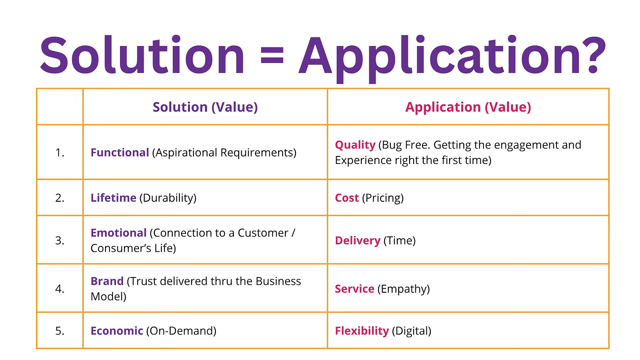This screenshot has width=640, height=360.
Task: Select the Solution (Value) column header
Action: coord(205,107)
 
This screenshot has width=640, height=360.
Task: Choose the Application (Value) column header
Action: coord(468,107)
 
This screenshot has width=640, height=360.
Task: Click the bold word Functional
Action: coord(120,153)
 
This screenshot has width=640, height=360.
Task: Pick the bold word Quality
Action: coord(355,145)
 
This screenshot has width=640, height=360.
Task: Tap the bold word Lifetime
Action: coord(113,198)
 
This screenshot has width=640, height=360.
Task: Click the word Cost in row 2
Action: coord(347,198)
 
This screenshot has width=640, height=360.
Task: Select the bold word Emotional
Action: coord(118,233)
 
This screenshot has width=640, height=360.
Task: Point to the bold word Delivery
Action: coord(357,240)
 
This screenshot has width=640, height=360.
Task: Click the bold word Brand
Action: coord(107,281)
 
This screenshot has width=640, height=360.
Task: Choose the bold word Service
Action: coord(354,289)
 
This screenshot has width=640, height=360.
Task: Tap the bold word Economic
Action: coord(116,331)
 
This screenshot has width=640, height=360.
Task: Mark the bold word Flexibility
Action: coord(362,331)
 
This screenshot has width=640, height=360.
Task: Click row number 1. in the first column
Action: coord(60,153)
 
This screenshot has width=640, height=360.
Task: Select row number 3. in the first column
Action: coord(60,240)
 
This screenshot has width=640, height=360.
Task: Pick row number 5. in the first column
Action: coord(60,331)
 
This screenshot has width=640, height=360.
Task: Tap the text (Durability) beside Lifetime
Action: coord(168,198)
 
